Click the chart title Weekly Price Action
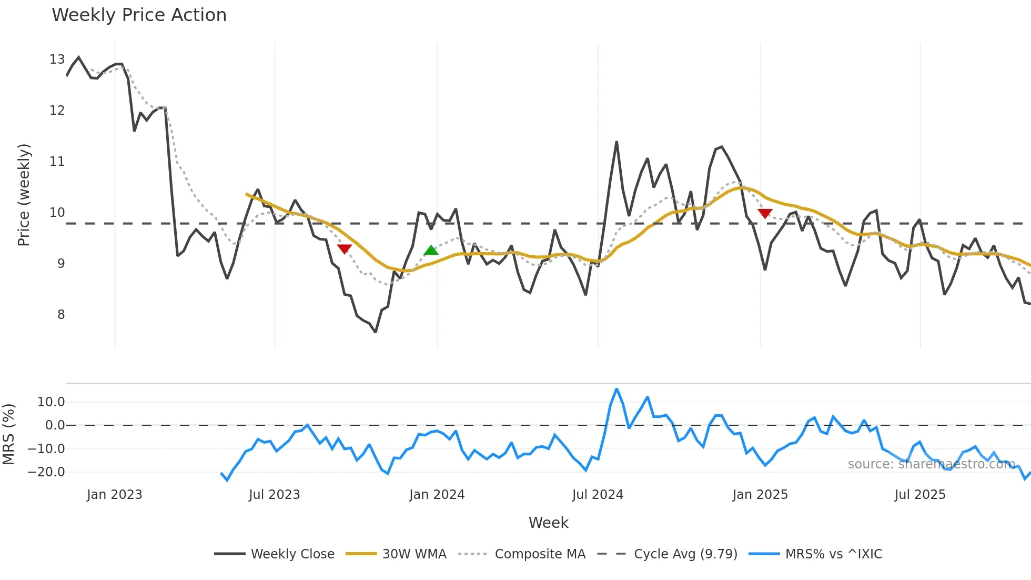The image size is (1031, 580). click(x=139, y=15)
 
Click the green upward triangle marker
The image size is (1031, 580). click(x=431, y=251)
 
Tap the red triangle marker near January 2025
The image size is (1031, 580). click(x=765, y=213)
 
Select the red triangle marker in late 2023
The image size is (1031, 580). click(x=344, y=249)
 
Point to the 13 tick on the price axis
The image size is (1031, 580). click(x=57, y=59)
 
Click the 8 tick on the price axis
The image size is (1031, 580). click(x=60, y=315)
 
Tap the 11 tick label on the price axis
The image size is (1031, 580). click(x=57, y=162)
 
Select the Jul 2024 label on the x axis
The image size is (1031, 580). click(x=598, y=495)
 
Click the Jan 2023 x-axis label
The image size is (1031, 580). click(x=114, y=495)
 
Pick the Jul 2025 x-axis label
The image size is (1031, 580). click(x=919, y=495)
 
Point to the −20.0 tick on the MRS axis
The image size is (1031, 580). click(x=46, y=472)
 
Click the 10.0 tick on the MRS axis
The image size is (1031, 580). click(x=50, y=402)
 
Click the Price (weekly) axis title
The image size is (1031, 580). click(x=24, y=195)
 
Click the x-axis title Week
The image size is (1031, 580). click(x=548, y=523)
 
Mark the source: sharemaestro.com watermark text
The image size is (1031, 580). click(x=931, y=464)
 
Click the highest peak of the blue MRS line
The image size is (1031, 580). click(x=616, y=389)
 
